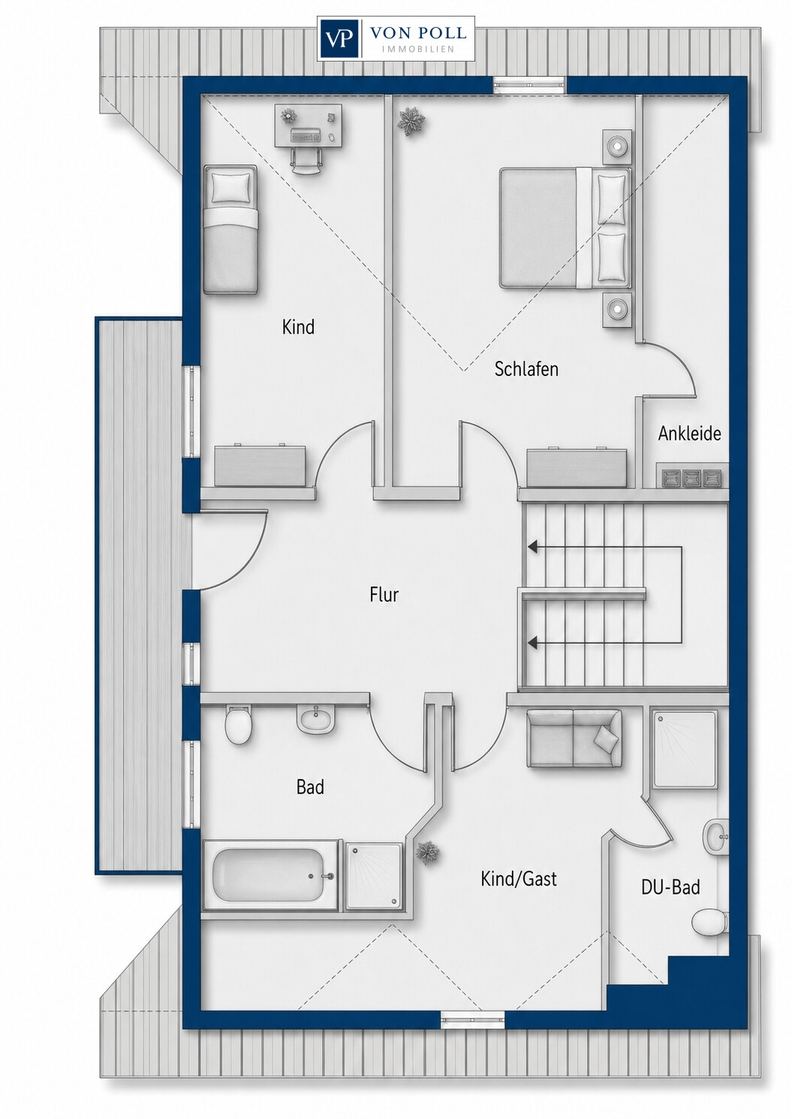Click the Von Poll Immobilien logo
(396, 38)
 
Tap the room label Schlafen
(526, 369)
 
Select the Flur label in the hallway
(384, 594)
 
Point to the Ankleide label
(689, 433)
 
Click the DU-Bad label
(670, 887)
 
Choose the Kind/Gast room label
(519, 879)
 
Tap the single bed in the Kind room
(230, 230)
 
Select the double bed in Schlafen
(565, 228)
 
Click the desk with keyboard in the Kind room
(309, 125)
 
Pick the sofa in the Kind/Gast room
(574, 738)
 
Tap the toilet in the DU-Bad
(711, 922)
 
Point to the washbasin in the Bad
(314, 719)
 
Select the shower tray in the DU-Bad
(684, 749)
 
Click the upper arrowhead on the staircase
(533, 547)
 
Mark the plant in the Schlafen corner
(411, 120)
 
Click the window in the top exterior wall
(530, 85)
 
